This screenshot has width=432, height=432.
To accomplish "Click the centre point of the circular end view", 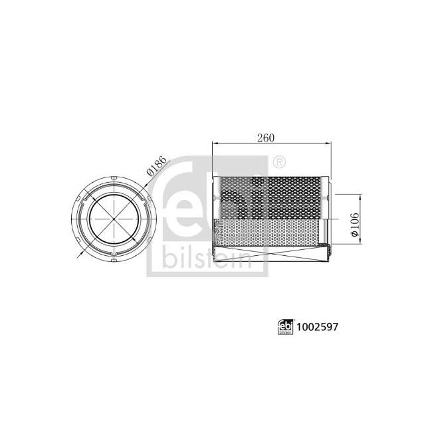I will coord(116,218).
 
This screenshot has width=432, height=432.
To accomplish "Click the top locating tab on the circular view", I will coord(116,177).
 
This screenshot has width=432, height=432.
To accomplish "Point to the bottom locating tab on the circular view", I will coord(116,260).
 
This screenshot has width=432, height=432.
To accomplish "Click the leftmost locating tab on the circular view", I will coord(74,218).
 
